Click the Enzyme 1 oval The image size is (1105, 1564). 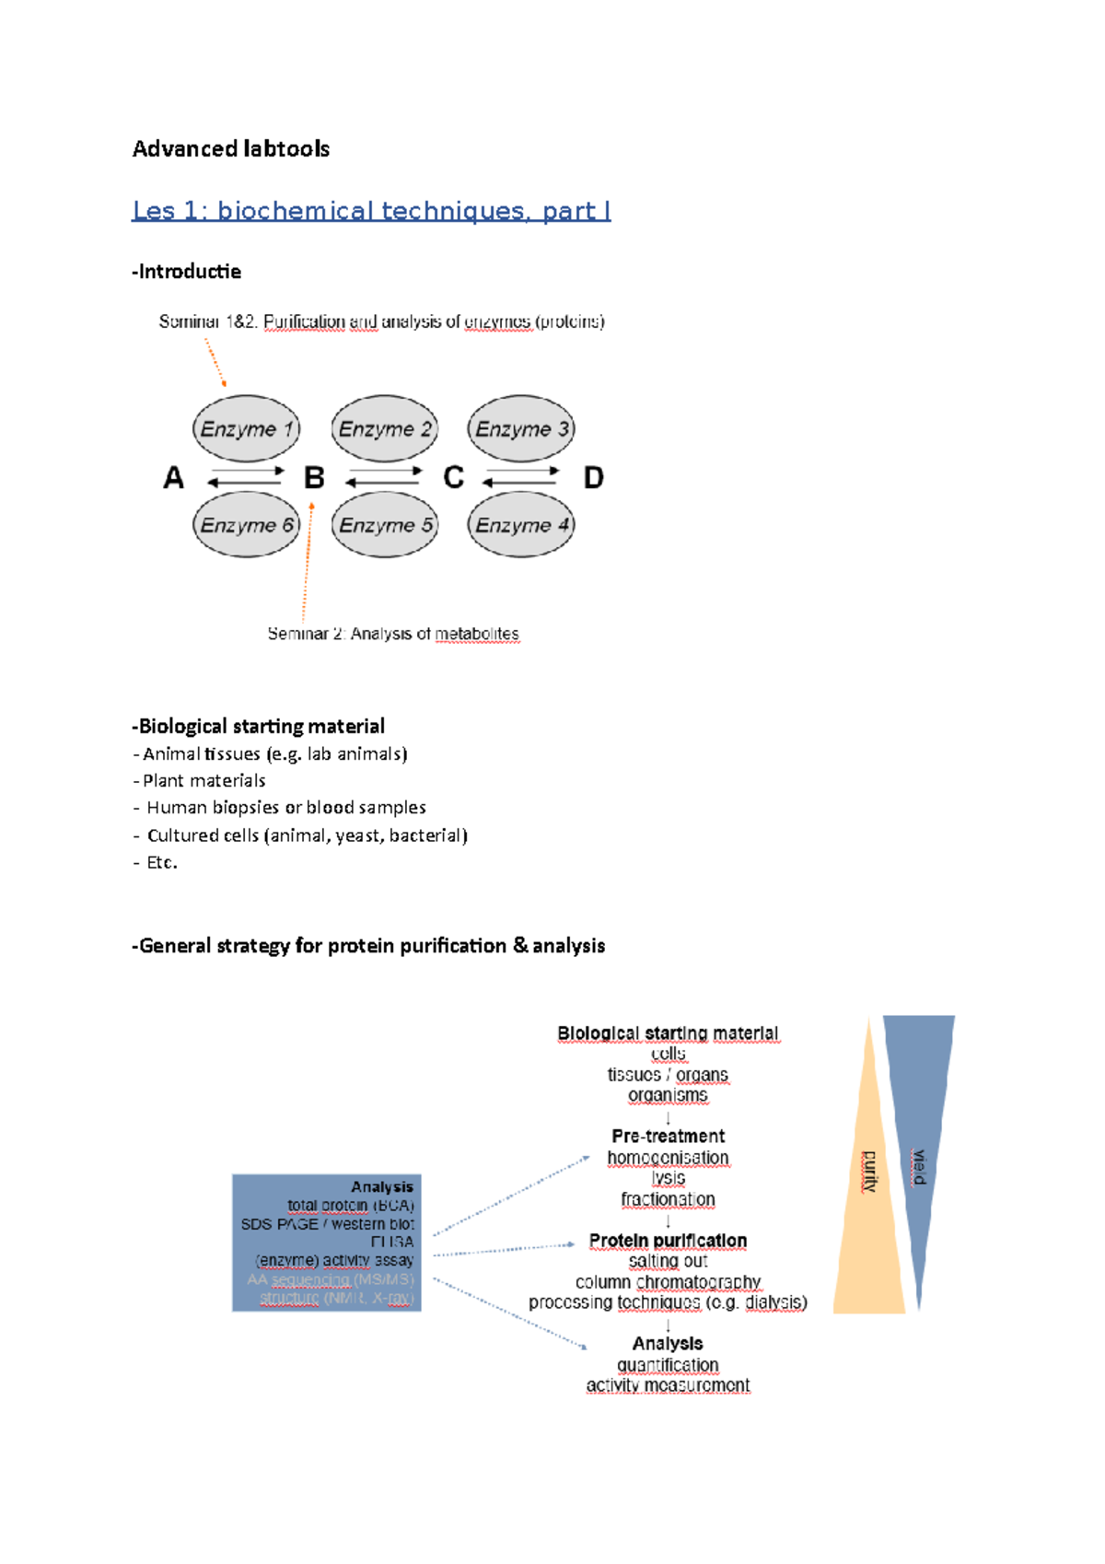(246, 428)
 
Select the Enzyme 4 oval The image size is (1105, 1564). (521, 525)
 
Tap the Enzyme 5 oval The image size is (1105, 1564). (385, 525)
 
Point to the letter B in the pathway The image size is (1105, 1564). (314, 478)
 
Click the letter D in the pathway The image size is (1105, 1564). (594, 478)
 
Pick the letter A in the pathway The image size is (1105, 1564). (173, 478)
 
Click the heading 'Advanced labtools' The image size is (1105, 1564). (230, 149)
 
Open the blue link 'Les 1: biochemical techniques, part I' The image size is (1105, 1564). (371, 211)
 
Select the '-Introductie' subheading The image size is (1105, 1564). (186, 272)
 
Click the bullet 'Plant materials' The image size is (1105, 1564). (204, 781)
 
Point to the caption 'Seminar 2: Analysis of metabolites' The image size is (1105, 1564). (393, 634)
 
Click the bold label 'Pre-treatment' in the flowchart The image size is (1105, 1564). (668, 1137)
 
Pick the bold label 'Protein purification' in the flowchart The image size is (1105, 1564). (668, 1241)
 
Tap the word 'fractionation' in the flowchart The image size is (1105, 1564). (668, 1199)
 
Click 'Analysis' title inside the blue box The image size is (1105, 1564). (381, 1187)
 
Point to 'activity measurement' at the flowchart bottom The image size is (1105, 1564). (668, 1385)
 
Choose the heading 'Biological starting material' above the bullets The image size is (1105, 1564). (259, 727)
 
